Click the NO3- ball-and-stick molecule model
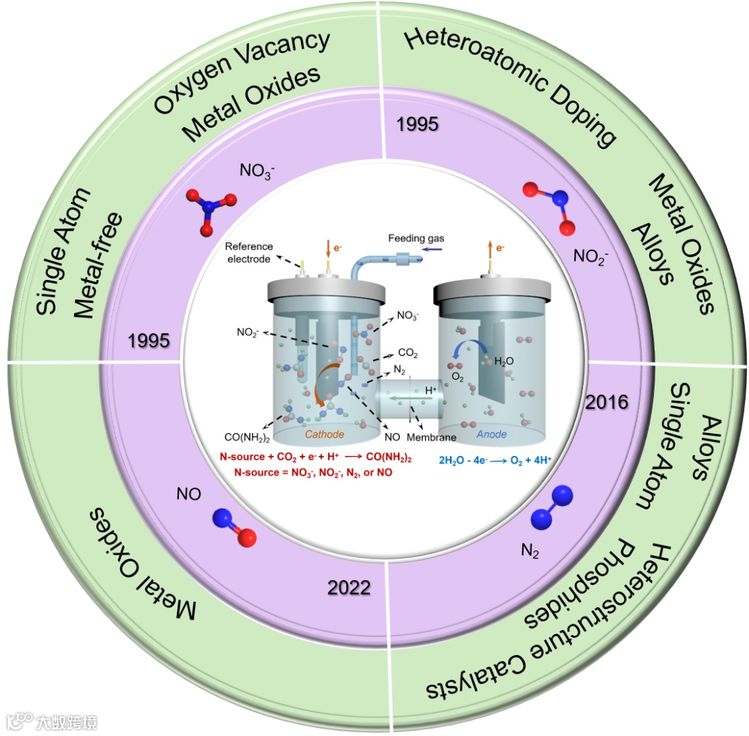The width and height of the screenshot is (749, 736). point(205,209)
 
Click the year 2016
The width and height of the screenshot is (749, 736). point(605,403)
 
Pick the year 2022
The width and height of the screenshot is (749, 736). point(348,588)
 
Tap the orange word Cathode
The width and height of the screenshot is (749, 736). point(325,435)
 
